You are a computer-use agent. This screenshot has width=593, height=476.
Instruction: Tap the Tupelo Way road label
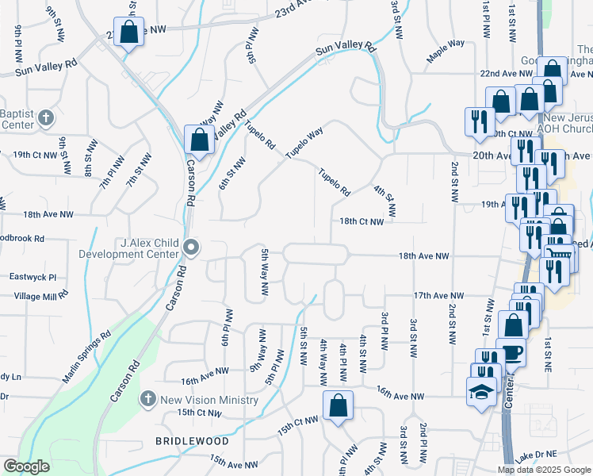304,143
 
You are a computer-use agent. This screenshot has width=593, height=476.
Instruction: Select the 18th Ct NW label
362,223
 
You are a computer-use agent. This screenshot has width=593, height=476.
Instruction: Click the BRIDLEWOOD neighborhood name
192,440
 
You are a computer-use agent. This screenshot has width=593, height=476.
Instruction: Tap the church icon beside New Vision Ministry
147,399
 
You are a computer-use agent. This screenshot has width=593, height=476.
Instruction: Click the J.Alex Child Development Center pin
191,248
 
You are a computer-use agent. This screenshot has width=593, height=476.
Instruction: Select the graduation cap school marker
480,392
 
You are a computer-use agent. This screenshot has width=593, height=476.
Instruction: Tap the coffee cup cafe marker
511,351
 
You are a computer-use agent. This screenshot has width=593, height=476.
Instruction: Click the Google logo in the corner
26,466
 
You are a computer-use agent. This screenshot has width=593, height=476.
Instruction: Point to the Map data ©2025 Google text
544,470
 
